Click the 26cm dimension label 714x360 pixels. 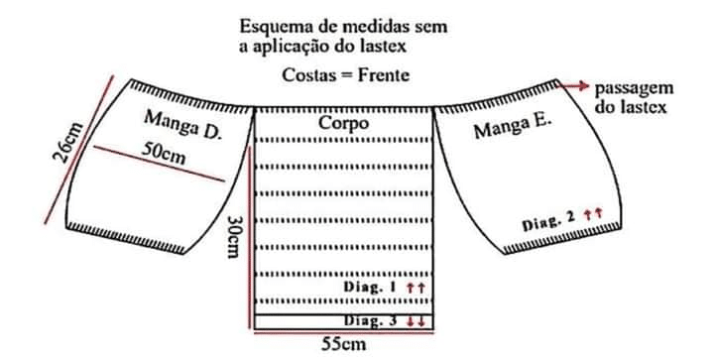pyautogui.click(x=68, y=142)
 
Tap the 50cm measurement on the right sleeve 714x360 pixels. pyautogui.click(x=163, y=154)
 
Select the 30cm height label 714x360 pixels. pyautogui.click(x=233, y=236)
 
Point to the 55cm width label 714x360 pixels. pyautogui.click(x=343, y=343)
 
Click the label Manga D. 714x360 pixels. pyautogui.click(x=182, y=125)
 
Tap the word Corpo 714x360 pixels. pyautogui.click(x=343, y=123)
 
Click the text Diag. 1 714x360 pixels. pyautogui.click(x=371, y=288)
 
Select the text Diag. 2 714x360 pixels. pyautogui.click(x=548, y=222)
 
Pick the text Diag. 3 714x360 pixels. pyautogui.click(x=370, y=321)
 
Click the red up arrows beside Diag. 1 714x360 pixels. pyautogui.click(x=416, y=288)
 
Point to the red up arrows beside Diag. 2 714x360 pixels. pyautogui.click(x=593, y=213)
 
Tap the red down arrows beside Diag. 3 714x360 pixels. pyautogui.click(x=416, y=321)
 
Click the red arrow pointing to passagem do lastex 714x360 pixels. pyautogui.click(x=573, y=86)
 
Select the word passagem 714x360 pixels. pyautogui.click(x=634, y=89)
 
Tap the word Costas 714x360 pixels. pyautogui.click(x=307, y=75)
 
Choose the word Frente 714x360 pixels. pyautogui.click(x=384, y=75)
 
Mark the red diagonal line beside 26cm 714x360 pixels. pyautogui.click(x=78, y=150)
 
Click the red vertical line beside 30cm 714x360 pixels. pyautogui.click(x=250, y=237)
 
